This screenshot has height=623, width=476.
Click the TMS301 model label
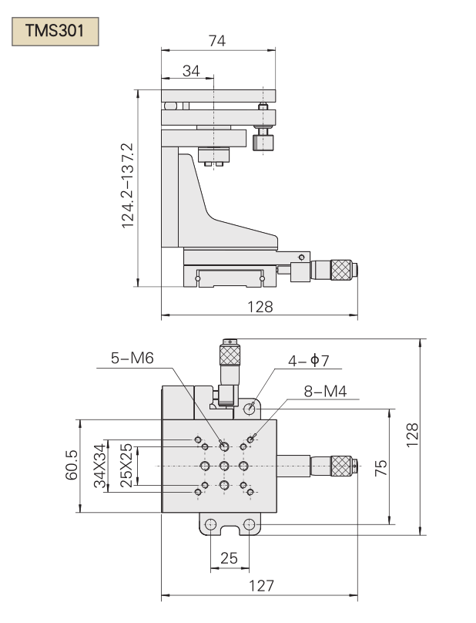point(55,31)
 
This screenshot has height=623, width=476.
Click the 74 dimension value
point(217,41)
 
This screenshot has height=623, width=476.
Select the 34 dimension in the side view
point(191,71)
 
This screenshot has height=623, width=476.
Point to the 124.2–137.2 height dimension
point(128,186)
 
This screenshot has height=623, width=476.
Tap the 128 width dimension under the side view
point(260,307)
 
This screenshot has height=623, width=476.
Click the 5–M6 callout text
point(132,359)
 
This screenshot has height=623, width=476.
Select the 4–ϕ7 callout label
point(309,361)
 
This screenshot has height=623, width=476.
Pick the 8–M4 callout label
point(326,392)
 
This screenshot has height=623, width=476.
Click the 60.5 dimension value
point(72,465)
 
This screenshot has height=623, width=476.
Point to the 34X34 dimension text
point(100,466)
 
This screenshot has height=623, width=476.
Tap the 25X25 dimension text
point(126,465)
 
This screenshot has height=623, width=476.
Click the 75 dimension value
point(380,468)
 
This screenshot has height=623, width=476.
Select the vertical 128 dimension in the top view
point(413,435)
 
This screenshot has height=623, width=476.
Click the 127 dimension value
point(261,586)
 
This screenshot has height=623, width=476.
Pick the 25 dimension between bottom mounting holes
point(229,558)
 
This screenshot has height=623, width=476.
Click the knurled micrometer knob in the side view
point(341,270)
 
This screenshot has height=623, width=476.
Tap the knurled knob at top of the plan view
point(230,355)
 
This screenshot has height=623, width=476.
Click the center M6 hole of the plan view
point(224,466)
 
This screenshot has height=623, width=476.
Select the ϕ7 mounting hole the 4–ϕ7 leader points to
point(250,408)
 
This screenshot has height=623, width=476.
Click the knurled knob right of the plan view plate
point(341,466)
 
